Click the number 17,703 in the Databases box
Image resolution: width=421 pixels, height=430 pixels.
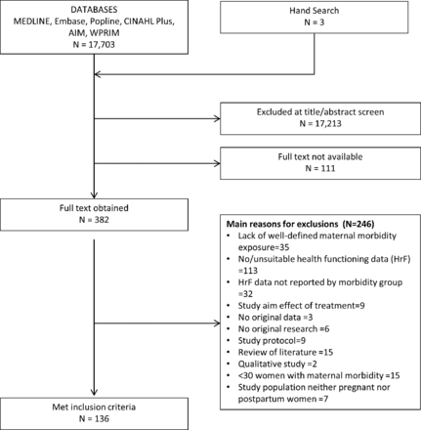(x=102, y=44)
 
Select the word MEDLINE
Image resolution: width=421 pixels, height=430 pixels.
(x=32, y=21)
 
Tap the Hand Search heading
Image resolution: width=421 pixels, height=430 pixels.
(x=315, y=11)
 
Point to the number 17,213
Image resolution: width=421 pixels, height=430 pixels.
(x=328, y=123)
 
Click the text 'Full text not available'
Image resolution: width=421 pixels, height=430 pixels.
(x=320, y=156)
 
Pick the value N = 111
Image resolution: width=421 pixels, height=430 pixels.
(x=320, y=168)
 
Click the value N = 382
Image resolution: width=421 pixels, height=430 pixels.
(x=94, y=220)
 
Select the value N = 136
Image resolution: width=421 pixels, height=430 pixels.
(x=94, y=418)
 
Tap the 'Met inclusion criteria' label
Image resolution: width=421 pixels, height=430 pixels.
(x=94, y=407)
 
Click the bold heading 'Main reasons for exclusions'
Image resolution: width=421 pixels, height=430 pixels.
(x=282, y=224)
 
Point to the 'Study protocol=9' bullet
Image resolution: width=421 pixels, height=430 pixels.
(x=272, y=341)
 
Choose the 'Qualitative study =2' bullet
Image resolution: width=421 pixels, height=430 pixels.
(x=277, y=364)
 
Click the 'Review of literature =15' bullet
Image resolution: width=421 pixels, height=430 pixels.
(x=285, y=352)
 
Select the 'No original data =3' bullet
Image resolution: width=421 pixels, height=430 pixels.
(x=275, y=318)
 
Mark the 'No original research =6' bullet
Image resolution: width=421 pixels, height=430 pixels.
(x=283, y=329)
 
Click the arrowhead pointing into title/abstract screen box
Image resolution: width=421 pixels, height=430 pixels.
(x=217, y=118)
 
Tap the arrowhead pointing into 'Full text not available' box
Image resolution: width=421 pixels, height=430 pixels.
(x=217, y=163)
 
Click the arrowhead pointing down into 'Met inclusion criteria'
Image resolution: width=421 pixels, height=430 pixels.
(x=94, y=392)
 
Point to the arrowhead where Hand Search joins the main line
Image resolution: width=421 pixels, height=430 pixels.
(x=98, y=74)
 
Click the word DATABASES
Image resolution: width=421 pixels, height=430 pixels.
(x=94, y=10)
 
